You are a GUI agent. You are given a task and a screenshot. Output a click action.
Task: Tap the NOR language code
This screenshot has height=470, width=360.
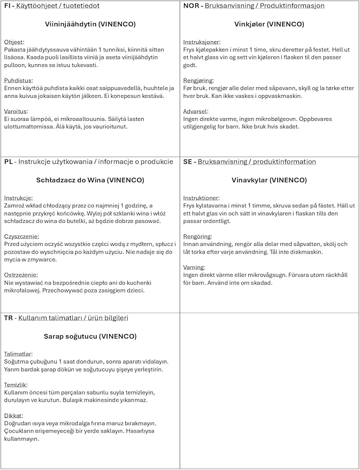point(191,6)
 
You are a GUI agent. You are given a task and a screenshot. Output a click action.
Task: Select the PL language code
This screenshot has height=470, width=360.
point(8,162)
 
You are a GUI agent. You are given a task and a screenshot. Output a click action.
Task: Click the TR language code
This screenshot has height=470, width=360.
point(9,318)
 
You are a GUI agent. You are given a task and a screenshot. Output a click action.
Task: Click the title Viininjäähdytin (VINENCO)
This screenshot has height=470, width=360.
point(90,24)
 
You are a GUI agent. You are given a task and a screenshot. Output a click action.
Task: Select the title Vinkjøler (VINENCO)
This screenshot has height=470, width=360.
point(269,24)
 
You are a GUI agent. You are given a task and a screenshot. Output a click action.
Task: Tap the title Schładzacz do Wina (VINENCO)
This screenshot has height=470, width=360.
point(90,180)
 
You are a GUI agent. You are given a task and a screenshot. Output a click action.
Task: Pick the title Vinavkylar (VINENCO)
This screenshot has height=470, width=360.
point(269,180)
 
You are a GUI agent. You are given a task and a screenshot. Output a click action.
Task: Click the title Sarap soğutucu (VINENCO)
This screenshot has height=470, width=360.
point(90,336)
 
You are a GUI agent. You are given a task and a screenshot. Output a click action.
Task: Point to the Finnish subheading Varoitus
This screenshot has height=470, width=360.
point(16,111)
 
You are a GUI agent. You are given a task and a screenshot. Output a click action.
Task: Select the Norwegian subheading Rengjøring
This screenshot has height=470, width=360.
point(198,81)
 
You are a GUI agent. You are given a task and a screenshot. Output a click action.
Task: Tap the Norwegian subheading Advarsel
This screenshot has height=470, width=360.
point(196,111)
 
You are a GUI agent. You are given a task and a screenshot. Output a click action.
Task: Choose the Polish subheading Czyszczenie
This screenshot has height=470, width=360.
point(22,236)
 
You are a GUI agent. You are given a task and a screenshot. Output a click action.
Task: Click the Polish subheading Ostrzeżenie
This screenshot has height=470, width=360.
point(22,275)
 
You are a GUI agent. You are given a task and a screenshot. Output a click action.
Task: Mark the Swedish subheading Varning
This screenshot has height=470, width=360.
point(194,267)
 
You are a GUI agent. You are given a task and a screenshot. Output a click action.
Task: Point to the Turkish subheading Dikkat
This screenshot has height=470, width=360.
point(14,415)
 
